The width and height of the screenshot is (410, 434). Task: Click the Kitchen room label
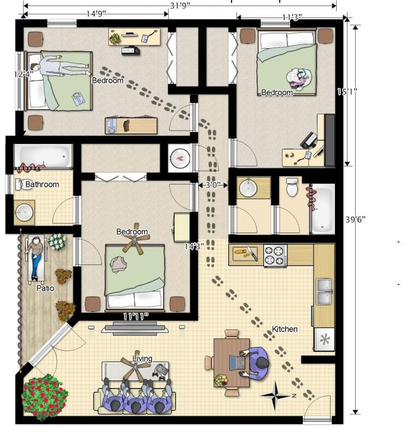[285, 329]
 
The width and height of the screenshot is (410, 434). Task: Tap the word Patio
[45, 288]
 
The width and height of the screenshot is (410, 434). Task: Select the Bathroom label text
[42, 184]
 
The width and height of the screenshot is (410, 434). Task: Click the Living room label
[142, 358]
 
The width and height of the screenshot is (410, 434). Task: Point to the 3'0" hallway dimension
[213, 185]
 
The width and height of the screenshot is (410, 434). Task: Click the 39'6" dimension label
[355, 219]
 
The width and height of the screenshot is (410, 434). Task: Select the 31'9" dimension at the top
[180, 6]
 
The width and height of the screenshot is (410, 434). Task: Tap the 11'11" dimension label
[136, 316]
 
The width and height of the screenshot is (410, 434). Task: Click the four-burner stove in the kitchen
[275, 256]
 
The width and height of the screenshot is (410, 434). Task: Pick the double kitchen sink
[324, 292]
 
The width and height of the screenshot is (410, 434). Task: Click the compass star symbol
[275, 396]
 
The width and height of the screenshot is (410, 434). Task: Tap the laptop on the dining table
[238, 363]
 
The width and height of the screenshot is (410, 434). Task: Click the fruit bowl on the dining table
[221, 380]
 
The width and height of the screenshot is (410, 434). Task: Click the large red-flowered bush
[44, 397]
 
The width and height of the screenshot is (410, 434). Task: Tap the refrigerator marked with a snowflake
[324, 340]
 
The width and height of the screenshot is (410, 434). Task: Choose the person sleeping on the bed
[60, 67]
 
